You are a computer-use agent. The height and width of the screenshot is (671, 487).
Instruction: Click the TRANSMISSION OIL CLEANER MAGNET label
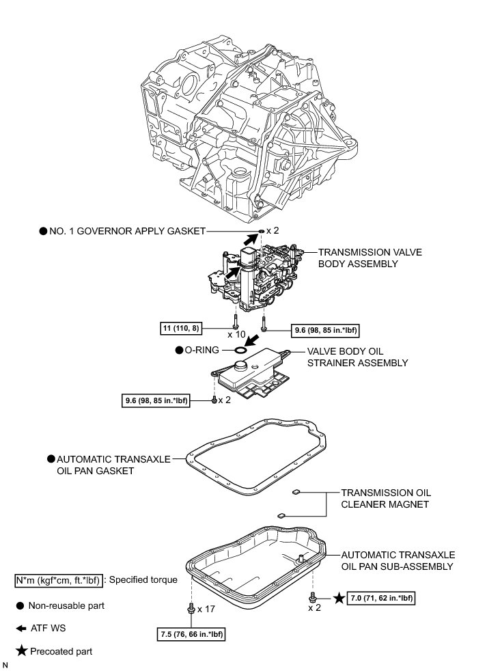pos(386,498)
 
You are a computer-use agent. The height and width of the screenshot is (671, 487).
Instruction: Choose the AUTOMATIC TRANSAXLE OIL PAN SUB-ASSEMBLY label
pos(398,560)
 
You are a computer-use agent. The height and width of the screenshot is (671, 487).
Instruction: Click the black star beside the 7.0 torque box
pos(337,599)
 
